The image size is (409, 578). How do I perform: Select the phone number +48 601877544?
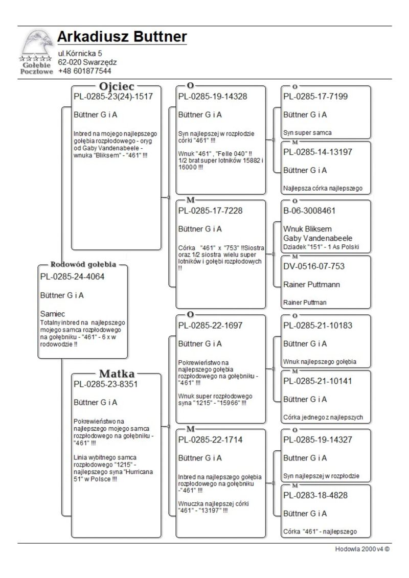point(84,71)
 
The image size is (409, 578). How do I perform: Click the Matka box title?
point(117,374)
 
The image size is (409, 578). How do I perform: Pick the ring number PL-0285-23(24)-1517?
point(113,96)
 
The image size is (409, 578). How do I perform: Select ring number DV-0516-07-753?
point(314,266)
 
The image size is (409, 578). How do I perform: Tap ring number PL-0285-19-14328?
point(213,96)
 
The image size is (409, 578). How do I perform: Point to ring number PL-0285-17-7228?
point(210,211)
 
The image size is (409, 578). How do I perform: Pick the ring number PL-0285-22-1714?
point(210,440)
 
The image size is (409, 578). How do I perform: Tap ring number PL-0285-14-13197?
point(317,152)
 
